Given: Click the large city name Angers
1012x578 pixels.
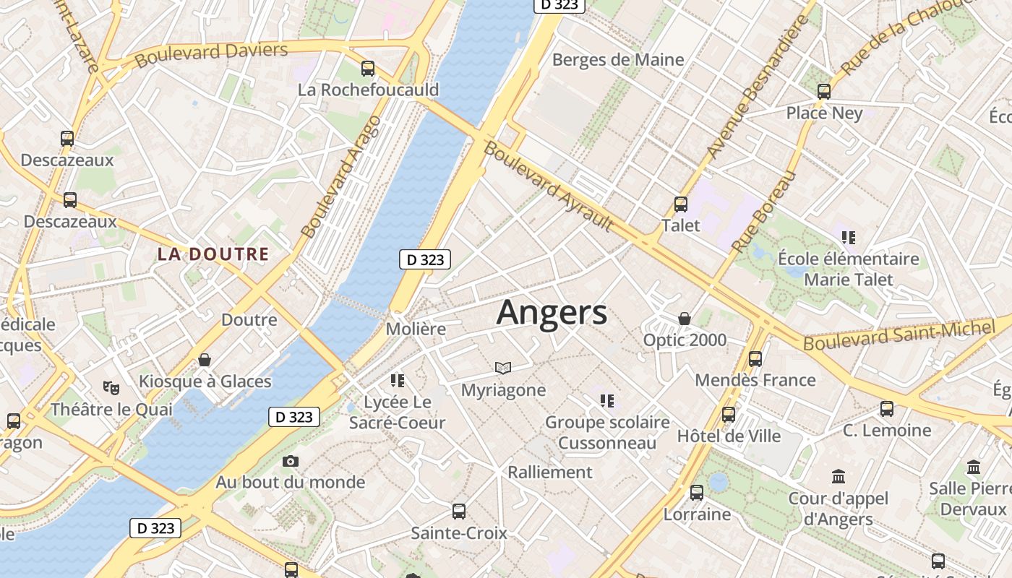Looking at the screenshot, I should (552, 313).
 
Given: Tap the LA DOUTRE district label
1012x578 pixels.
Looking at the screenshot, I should (213, 254).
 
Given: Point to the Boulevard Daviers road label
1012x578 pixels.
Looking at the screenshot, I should (211, 54).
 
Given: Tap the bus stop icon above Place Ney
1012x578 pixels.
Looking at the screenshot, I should (824, 92).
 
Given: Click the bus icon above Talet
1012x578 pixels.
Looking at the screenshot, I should (680, 204).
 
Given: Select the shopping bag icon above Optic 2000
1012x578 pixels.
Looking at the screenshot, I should (684, 319).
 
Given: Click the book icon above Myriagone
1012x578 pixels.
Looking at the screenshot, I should (503, 368).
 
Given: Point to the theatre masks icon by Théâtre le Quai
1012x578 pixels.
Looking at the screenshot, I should (111, 388).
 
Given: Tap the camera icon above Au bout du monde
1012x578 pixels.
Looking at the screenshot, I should (290, 461).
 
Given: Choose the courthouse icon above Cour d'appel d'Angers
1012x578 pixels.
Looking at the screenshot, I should (839, 477).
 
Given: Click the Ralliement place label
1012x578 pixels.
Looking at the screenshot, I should (550, 473).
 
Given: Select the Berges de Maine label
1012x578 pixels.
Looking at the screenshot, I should (618, 59).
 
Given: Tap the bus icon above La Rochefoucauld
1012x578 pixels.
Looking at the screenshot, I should (368, 69).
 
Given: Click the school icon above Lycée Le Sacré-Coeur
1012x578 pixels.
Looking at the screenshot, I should (397, 380).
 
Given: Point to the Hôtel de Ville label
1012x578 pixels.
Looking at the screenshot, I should (729, 436).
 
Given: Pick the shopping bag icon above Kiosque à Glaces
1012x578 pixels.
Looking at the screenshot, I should (205, 360).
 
